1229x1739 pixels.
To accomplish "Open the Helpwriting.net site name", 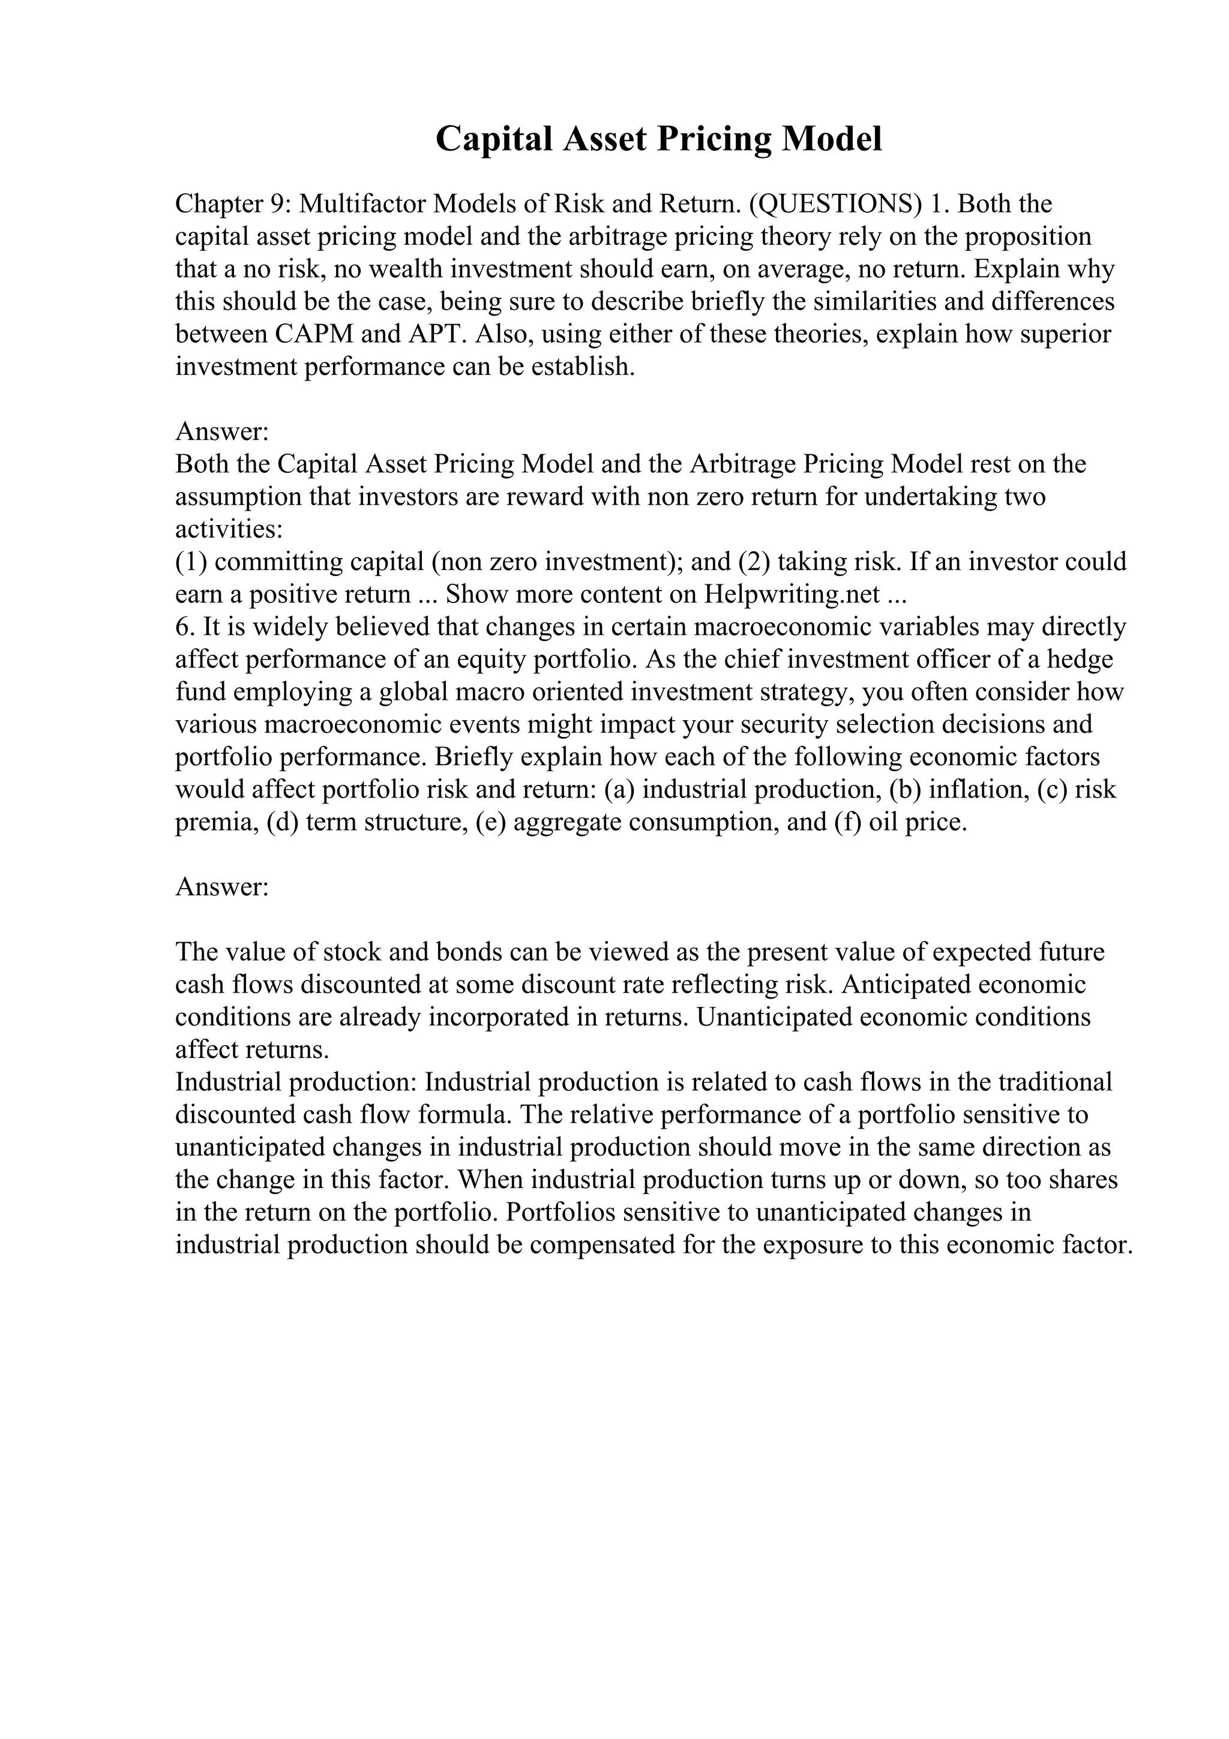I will [x=792, y=595].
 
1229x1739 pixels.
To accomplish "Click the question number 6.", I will [x=182, y=627].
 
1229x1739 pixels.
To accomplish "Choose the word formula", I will [x=465, y=1116].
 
